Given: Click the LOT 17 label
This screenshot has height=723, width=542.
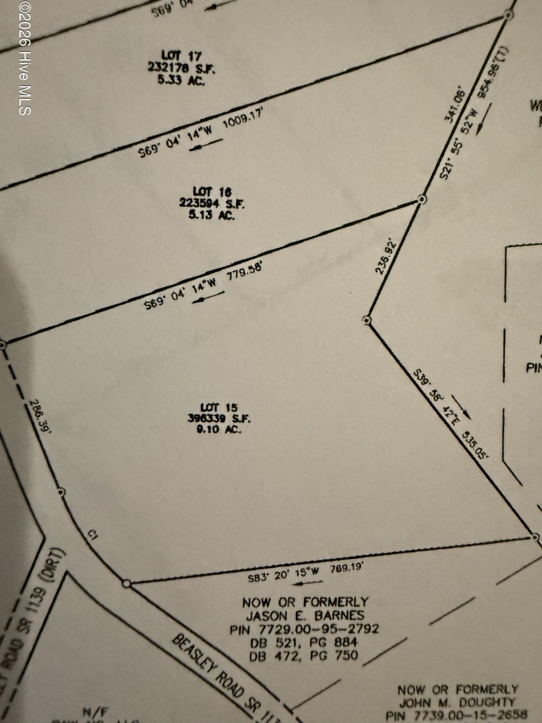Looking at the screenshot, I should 181,55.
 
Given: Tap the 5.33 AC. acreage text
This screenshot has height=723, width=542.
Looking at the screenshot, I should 181,80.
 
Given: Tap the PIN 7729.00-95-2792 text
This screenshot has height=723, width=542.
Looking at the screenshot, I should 304,629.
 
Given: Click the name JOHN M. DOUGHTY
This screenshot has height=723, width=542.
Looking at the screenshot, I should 458,702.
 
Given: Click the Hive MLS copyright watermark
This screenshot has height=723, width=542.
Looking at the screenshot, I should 25,58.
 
